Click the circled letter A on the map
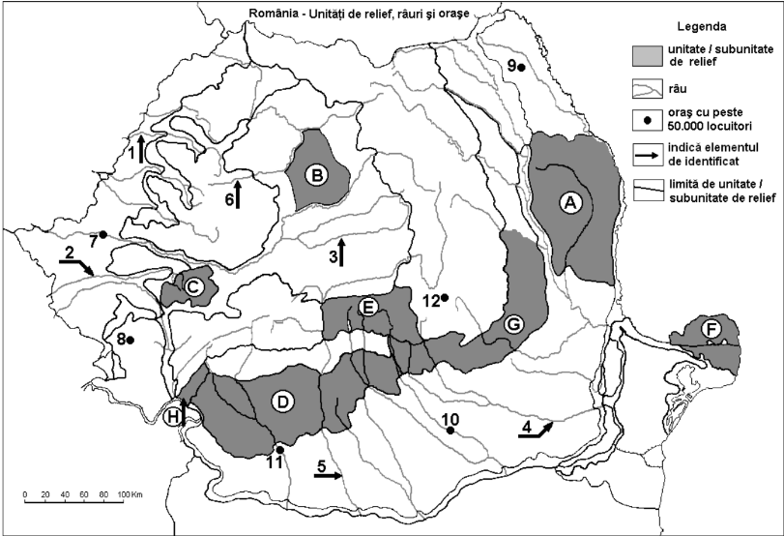[570, 201]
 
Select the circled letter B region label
[315, 175]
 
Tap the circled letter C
[193, 286]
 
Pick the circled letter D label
[283, 402]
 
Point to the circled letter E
[367, 307]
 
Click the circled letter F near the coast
[711, 330]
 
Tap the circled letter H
[173, 417]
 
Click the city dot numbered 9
[520, 67]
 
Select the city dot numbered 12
[446, 297]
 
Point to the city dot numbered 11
[279, 449]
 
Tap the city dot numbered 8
[130, 339]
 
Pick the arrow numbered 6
[238, 193]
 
